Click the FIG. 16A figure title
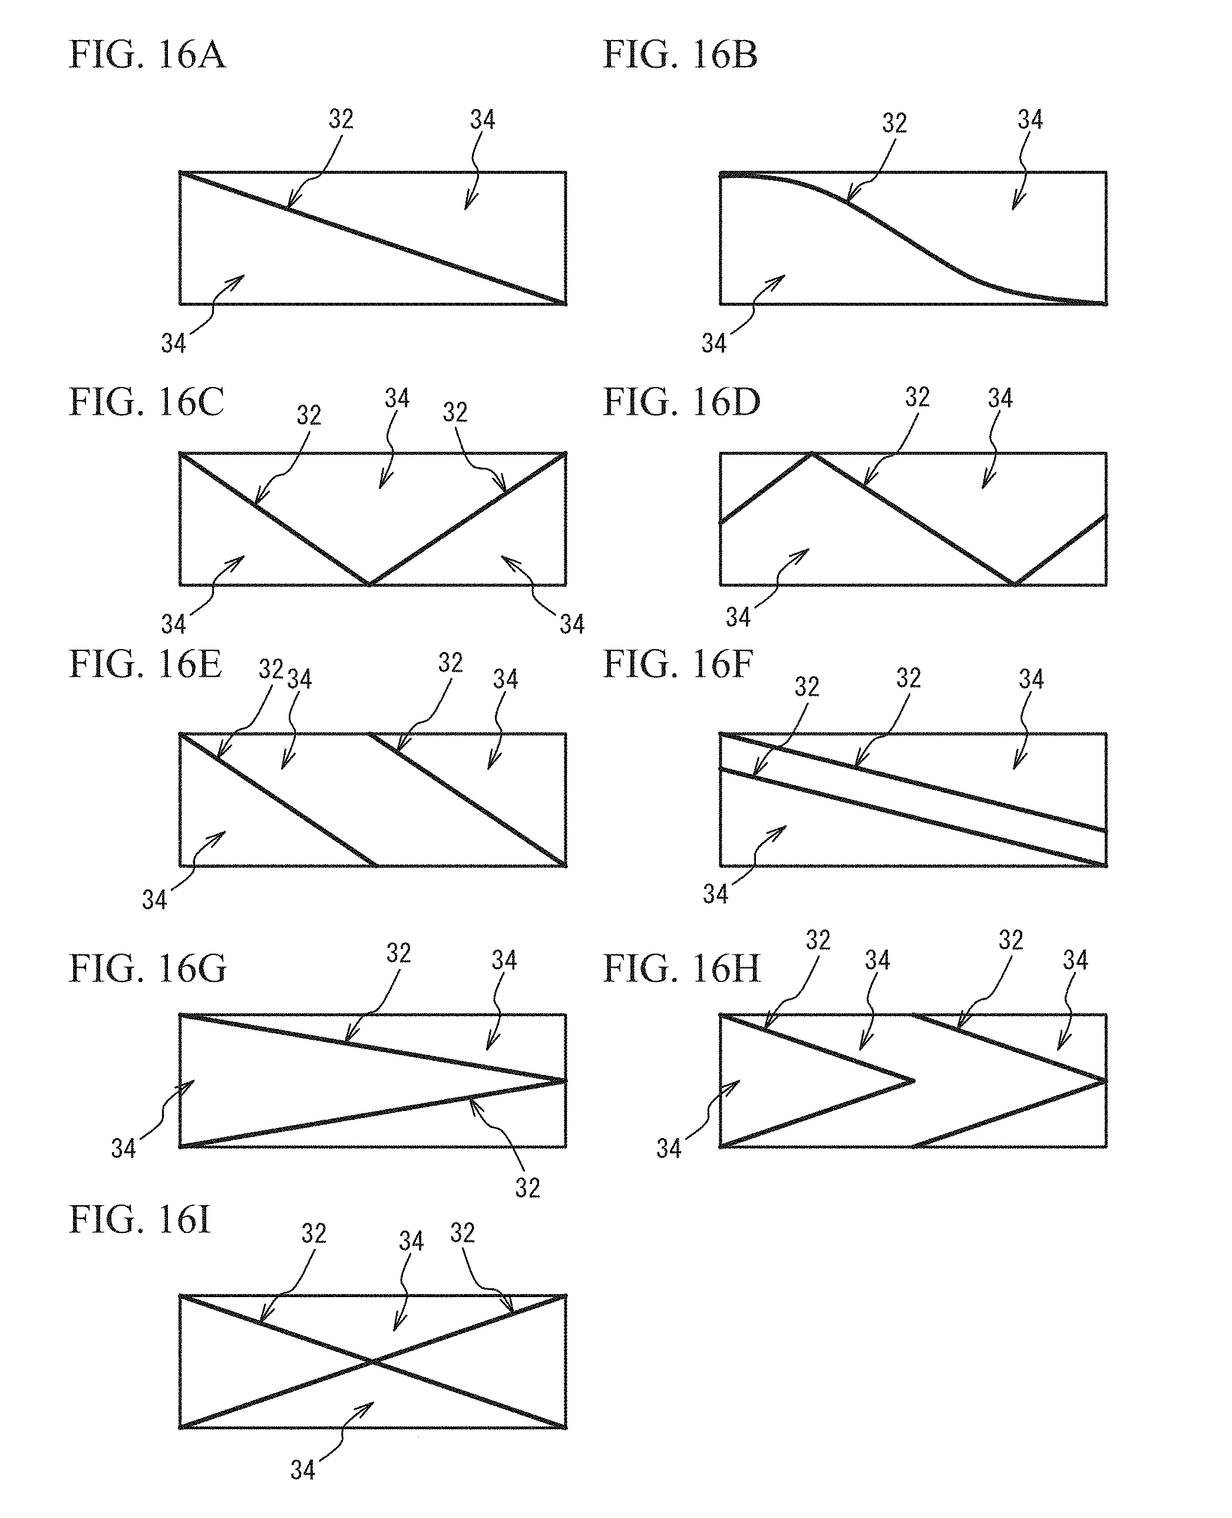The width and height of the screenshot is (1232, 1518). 147,55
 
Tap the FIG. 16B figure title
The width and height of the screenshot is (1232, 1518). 680,55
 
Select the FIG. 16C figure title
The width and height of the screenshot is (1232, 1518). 146,402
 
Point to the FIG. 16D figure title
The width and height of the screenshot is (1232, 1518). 681,402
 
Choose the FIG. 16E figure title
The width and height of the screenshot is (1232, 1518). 145,664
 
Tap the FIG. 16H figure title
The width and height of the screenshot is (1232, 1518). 681,969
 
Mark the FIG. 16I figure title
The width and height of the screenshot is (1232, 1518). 140,1220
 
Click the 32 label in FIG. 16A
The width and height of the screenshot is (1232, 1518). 341,119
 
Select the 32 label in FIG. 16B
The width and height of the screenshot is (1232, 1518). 894,124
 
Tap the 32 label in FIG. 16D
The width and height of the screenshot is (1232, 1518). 917,397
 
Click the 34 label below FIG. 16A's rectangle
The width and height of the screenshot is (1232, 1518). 173,344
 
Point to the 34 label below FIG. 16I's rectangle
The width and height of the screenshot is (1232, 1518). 302,1470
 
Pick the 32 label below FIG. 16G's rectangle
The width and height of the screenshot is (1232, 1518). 527,1188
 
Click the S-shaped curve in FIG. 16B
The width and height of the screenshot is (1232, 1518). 916,241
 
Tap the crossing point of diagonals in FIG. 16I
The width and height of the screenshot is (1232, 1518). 372,1361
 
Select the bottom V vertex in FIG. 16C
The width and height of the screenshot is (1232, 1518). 369,584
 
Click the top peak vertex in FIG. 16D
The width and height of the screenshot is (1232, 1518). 811,454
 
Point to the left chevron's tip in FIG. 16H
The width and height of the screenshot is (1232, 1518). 913,1081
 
